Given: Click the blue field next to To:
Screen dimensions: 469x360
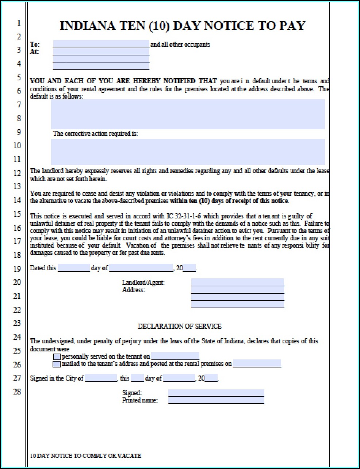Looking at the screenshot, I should tap(101, 44).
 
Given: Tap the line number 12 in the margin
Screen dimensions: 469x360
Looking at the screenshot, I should tap(17, 173).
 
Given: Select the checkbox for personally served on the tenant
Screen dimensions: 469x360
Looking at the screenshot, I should tap(57, 356).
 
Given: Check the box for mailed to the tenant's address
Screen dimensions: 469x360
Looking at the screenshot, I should tap(57, 364).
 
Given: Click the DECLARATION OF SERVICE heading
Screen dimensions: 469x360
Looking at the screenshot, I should tap(179, 326).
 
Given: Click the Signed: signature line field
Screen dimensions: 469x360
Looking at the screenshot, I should tap(216, 393).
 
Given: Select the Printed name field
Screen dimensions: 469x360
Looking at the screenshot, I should tap(216, 400).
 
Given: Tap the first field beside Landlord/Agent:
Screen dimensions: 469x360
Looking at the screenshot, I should tap(237, 282).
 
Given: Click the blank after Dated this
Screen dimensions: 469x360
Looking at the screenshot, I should tap(73, 268).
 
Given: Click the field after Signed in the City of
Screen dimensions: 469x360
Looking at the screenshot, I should tap(100, 378).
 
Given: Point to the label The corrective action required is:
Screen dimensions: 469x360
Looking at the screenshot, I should tap(95, 134).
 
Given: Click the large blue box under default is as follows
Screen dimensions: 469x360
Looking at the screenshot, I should tap(188, 114).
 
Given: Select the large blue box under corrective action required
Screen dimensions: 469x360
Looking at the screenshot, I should tap(188, 152).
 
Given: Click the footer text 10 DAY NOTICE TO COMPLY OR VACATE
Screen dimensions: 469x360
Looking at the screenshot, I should tap(85, 456).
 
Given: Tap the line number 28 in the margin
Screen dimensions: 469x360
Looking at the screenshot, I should tap(17, 392).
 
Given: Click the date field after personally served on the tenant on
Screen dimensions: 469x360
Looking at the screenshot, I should tap(175, 356).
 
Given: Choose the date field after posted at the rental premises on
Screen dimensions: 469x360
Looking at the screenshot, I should tap(257, 364).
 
